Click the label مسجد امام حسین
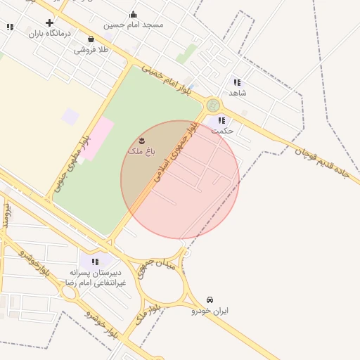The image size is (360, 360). pos(134,25)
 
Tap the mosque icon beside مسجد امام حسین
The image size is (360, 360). pos(134,14)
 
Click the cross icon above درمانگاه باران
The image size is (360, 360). pos(49,22)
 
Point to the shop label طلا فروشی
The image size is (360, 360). pos(91,50)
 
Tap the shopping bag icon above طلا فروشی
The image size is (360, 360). pos(91,39)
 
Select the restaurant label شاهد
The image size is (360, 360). pos(238,93)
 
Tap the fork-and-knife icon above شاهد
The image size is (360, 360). pos(237,82)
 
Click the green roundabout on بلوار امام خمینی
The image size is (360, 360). pos(213,105)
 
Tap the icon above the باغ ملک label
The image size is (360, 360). pos(143,141)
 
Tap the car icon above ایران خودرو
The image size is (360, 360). pos(210,300)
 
